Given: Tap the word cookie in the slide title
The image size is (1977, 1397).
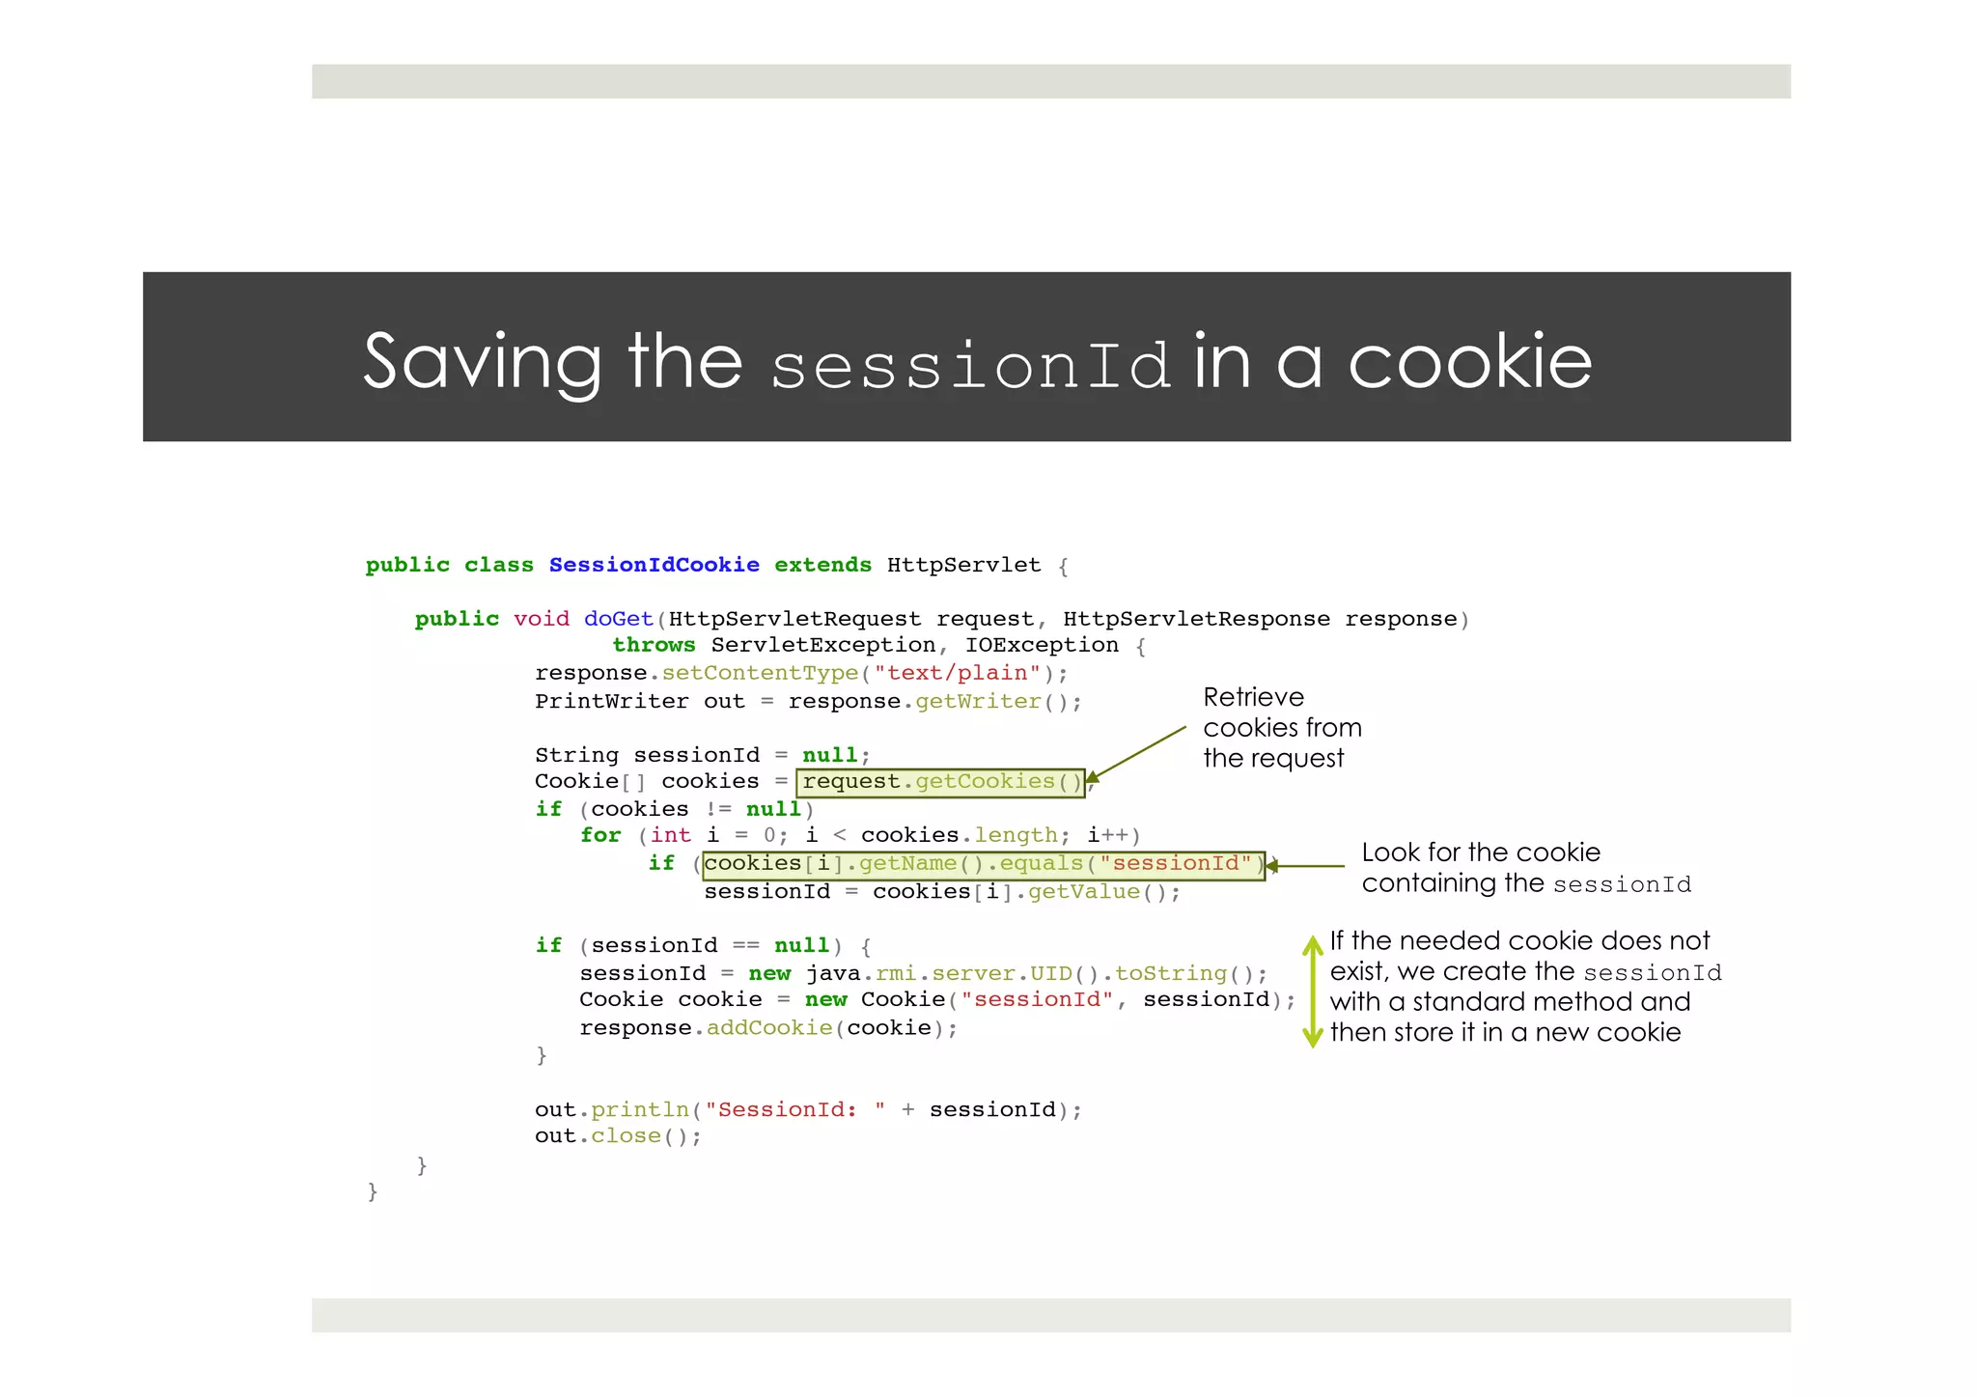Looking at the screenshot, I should (x=1469, y=363).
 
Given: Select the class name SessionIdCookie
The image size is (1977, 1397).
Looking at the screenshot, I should (x=654, y=565).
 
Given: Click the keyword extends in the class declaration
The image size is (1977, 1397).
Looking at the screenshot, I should (x=822, y=565).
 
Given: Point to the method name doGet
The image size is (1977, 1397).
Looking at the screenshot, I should (x=618, y=619).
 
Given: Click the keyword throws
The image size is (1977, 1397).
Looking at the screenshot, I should (x=654, y=645).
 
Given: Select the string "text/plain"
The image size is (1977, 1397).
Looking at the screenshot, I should (x=957, y=673).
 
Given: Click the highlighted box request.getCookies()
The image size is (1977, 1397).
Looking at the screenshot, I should (x=941, y=781).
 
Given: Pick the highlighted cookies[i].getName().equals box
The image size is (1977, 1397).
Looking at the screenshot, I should (x=983, y=864).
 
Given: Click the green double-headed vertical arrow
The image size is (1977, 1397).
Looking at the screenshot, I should (x=1312, y=991).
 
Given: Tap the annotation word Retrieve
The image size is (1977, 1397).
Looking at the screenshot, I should (x=1253, y=697).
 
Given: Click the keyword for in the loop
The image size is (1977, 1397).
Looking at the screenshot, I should (x=600, y=835).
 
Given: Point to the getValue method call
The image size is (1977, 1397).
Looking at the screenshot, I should (x=1083, y=892).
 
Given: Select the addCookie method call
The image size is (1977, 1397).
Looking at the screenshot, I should (x=769, y=1028).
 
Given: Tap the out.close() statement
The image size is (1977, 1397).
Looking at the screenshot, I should (x=618, y=1136).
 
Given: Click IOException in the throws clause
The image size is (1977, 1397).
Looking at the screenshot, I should (x=1042, y=645).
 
